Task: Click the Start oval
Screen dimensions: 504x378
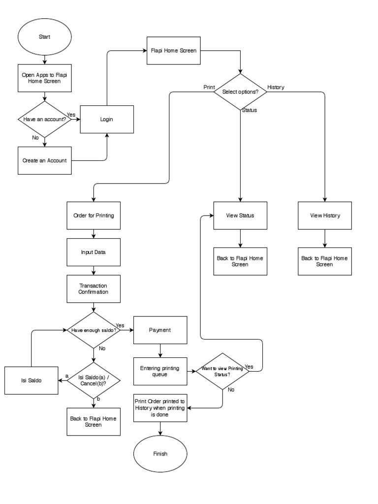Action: coord(45,37)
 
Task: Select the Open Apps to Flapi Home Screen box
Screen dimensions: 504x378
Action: coord(45,78)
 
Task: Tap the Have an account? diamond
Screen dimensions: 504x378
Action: coord(45,119)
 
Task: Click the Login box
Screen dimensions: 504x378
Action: coord(107,119)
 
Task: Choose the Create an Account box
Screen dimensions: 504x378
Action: coord(45,160)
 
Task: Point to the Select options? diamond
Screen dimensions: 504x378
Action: coord(241,92)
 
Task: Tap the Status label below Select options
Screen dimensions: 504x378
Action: coord(249,110)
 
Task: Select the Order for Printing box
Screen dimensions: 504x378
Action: coord(94,216)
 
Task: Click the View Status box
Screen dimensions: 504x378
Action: coord(240,216)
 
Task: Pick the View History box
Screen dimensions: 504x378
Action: coord(325,216)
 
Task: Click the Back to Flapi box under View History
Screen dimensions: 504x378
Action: coord(325,261)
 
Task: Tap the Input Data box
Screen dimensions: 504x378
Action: coord(94,252)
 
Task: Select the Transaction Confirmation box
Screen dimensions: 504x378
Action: coord(94,288)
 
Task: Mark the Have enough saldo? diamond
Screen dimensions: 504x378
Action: coord(94,330)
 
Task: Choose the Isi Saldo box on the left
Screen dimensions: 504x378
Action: coord(31,380)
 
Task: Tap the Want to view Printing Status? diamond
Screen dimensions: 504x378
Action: coord(222,372)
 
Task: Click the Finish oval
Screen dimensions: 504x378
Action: coord(160,453)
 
